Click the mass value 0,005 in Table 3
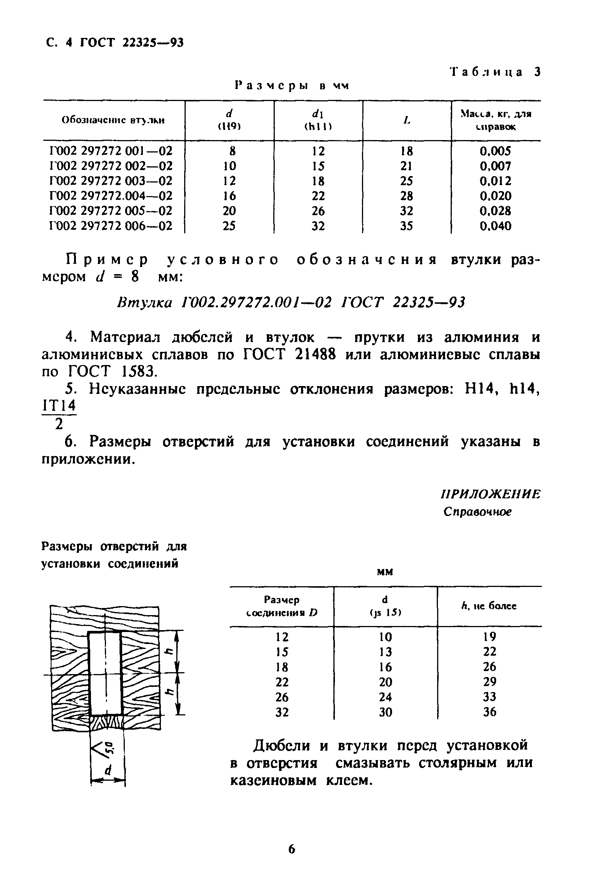pos(495,151)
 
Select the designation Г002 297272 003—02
pos(111,181)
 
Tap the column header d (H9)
pos(229,120)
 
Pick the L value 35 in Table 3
pos(406,226)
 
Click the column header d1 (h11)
pos(318,120)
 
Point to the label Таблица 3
pos(495,72)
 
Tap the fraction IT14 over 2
pos(59,415)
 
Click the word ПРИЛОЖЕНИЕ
pos(490,494)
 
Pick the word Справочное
pos(477,512)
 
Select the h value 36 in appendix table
pos(489,712)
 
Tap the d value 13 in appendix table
pos(385,652)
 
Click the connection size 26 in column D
pos(282,697)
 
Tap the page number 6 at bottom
pos(291,849)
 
